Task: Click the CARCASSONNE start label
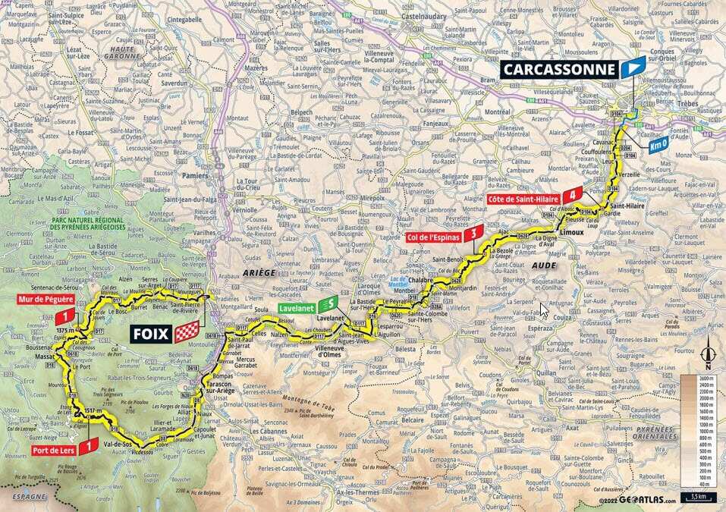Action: point(559,69)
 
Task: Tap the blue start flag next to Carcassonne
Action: point(632,68)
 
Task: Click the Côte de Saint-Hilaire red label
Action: point(523,199)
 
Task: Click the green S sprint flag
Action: point(328,304)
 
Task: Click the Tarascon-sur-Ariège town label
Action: point(224,389)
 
